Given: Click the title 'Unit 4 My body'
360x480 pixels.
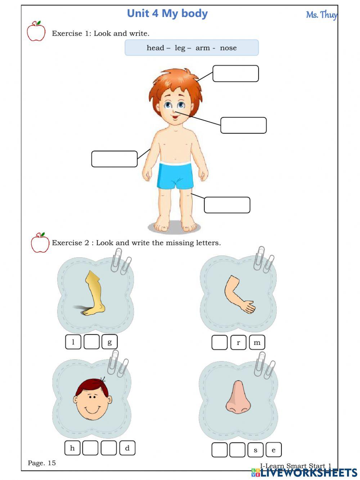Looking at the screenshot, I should click(x=167, y=14).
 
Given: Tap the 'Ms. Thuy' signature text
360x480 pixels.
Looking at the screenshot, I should click(x=321, y=15).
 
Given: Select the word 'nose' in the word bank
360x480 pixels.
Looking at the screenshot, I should click(x=228, y=48).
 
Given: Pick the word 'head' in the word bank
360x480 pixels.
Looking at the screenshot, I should click(x=155, y=48).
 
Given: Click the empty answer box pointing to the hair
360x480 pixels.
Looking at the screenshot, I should click(x=235, y=74).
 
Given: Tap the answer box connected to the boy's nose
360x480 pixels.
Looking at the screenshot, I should click(x=243, y=125).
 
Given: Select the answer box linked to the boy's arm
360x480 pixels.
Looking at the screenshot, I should click(x=114, y=159).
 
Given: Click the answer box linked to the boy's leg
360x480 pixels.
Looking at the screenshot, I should click(x=227, y=205).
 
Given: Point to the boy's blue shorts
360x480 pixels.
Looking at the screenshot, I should click(x=175, y=176).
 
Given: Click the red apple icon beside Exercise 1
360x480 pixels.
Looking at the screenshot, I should click(x=36, y=31).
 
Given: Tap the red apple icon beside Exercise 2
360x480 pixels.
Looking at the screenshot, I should click(x=40, y=243).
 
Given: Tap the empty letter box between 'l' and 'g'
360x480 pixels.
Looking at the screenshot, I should click(x=91, y=342).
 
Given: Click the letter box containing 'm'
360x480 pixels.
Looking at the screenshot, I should click(x=257, y=342).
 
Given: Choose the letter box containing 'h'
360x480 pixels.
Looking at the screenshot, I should click(x=72, y=448).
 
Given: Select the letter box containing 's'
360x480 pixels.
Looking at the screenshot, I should click(x=256, y=450).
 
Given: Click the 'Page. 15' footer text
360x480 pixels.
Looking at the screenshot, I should click(x=42, y=463).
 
